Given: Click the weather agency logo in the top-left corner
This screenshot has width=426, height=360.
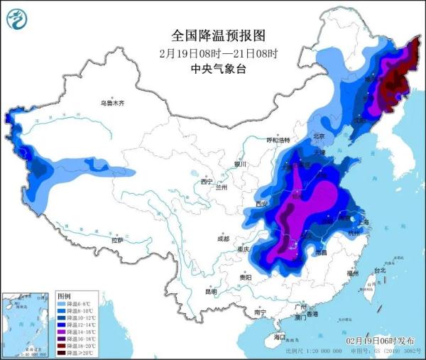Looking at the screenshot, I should [17, 19].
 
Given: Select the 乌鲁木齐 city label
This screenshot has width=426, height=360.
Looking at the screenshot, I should [111, 104].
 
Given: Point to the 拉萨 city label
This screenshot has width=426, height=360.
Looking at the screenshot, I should [117, 241].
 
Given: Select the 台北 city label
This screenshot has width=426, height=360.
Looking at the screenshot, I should [378, 271].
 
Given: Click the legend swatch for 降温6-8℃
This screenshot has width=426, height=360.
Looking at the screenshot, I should [63, 303].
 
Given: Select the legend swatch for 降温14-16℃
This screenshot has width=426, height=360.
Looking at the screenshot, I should [63, 332].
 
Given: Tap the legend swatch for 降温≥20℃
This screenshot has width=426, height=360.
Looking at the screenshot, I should [63, 353].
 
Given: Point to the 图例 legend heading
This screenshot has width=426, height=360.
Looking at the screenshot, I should [64, 295].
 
